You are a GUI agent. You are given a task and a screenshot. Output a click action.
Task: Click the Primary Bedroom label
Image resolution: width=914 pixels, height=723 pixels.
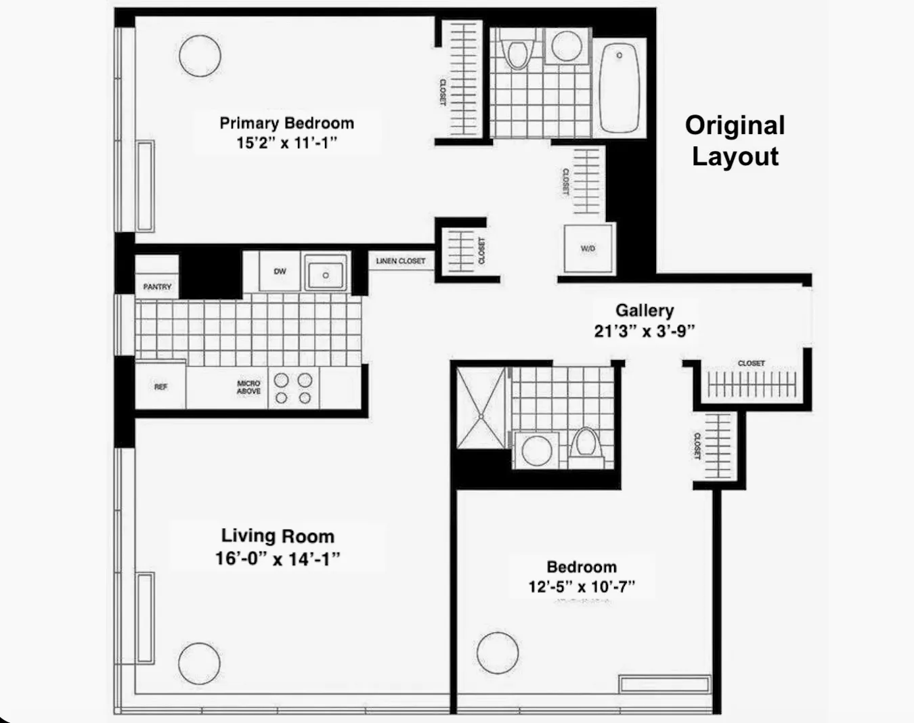coord(286,123)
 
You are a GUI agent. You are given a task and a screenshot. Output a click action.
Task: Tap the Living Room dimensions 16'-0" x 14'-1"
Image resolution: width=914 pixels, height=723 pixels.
coord(278,559)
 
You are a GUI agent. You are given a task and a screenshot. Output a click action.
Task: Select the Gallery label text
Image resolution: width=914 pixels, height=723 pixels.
coord(645,311)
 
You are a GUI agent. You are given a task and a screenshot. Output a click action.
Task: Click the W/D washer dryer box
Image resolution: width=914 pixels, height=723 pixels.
coord(588,248)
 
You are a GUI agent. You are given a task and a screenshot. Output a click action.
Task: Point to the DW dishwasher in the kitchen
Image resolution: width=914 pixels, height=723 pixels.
coord(280,271)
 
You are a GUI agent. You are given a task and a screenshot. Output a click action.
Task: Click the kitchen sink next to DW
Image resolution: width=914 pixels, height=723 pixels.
coord(326,273)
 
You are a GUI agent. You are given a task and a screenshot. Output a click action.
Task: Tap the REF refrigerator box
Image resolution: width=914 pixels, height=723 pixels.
coord(160,387)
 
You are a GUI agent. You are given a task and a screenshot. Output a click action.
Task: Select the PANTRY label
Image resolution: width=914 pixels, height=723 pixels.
coord(157,287)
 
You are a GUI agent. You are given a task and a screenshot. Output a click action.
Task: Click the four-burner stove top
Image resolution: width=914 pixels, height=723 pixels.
coord(293,389)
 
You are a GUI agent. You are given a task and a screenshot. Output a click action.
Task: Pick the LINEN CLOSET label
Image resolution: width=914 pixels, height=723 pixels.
coord(401,261)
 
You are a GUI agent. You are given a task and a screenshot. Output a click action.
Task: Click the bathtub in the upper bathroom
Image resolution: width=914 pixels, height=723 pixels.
coord(619,87)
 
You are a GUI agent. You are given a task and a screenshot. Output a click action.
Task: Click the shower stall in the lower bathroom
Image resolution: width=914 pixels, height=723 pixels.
coord(481,408)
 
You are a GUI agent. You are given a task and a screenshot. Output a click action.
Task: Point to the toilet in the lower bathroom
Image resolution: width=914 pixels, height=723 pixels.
coord(585,445)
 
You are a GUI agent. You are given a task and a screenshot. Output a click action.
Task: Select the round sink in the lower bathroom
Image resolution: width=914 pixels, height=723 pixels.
coord(537,450)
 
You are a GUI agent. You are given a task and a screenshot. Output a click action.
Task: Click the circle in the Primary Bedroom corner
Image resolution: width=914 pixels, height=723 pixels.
coord(200,56)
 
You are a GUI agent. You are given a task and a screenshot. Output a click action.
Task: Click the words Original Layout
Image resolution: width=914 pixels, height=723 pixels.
coord(735,141)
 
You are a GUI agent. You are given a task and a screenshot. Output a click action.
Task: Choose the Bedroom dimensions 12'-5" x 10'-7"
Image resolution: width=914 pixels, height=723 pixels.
coord(582,586)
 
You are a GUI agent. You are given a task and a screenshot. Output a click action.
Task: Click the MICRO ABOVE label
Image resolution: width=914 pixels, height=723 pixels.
coord(248,387)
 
